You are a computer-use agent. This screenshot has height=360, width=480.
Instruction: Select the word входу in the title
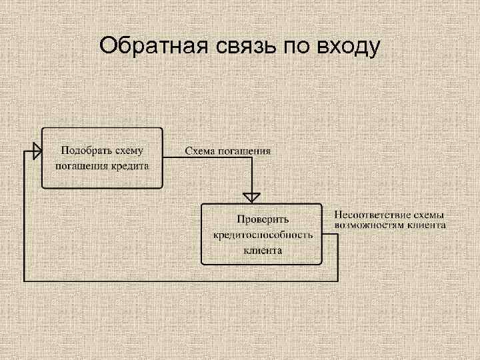[348, 48]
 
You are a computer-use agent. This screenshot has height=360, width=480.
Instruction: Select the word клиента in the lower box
[262, 251]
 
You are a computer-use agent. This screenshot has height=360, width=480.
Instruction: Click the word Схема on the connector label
[199, 151]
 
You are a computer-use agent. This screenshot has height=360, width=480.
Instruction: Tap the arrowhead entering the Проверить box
[251, 197]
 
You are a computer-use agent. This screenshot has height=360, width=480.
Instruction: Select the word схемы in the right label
[429, 215]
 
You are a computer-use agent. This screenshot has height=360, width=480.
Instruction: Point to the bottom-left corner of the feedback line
[25, 281]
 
